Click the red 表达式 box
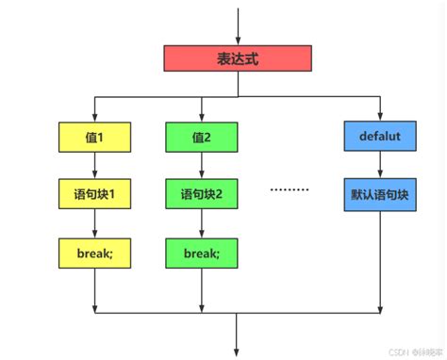(x=238, y=57)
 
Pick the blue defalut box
(x=380, y=138)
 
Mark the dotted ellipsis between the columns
(x=290, y=189)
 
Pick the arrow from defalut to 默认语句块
(x=380, y=168)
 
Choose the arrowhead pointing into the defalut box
(x=380, y=116)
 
